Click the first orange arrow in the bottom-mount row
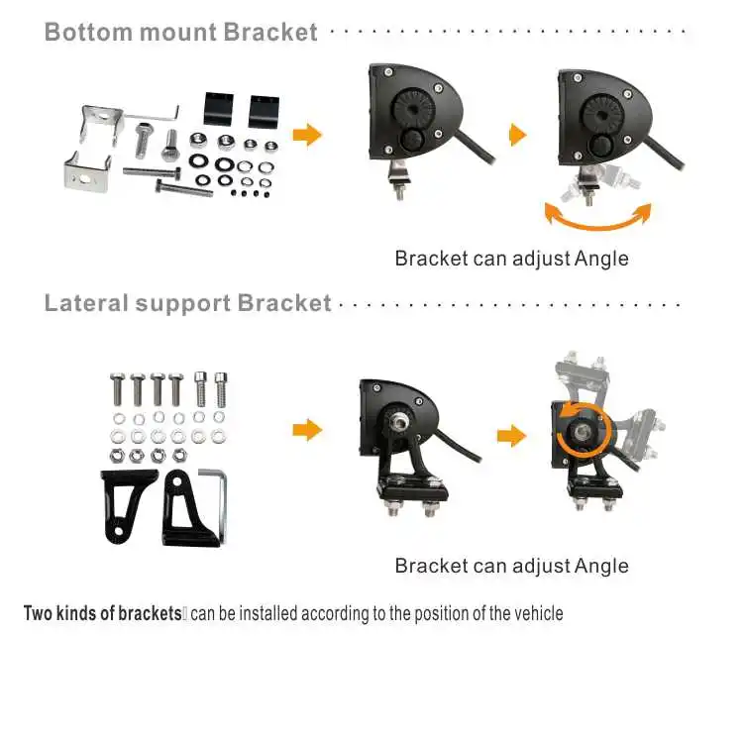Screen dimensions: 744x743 point(308,135)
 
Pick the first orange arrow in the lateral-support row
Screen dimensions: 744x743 point(308,430)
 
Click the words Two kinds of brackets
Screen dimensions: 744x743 point(102,613)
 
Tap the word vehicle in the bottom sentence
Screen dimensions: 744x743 point(538,613)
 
